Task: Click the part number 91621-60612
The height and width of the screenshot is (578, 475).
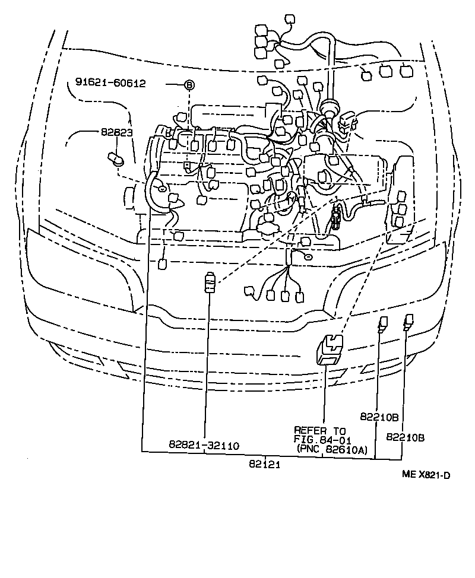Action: [110, 84]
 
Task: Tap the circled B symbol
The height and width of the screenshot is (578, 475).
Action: [188, 85]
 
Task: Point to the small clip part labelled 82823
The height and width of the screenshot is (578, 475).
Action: [116, 158]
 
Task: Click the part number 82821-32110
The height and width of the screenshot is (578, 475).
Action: [204, 444]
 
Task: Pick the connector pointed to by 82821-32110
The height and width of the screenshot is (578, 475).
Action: [208, 281]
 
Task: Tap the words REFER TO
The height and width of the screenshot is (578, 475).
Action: [320, 430]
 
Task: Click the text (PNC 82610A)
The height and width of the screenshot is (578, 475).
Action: [333, 450]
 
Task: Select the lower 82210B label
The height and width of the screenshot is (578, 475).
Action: [405, 437]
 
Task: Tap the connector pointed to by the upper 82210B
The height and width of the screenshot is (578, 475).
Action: [383, 323]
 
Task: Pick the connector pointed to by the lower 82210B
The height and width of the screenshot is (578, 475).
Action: [408, 321]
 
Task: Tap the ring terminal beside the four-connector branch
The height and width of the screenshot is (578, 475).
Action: [308, 256]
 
